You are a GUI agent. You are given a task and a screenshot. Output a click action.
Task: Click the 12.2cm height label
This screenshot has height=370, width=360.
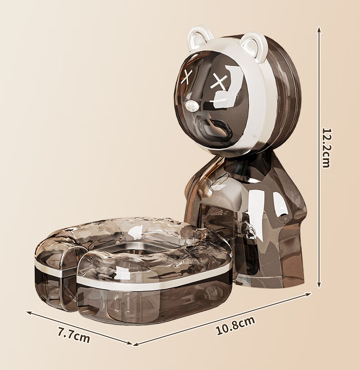[x=327, y=148]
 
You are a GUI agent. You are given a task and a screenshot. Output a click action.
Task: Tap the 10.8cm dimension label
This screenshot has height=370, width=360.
[x=236, y=326]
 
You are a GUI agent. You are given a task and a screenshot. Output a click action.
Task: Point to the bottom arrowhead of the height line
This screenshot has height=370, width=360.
[x=319, y=285]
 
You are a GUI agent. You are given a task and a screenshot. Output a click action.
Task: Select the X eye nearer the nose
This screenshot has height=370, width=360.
[x=187, y=77]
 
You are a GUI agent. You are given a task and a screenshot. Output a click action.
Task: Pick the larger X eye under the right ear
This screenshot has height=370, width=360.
[x=218, y=81]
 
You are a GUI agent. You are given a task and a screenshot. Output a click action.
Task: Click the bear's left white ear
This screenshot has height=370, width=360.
[x=198, y=38]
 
